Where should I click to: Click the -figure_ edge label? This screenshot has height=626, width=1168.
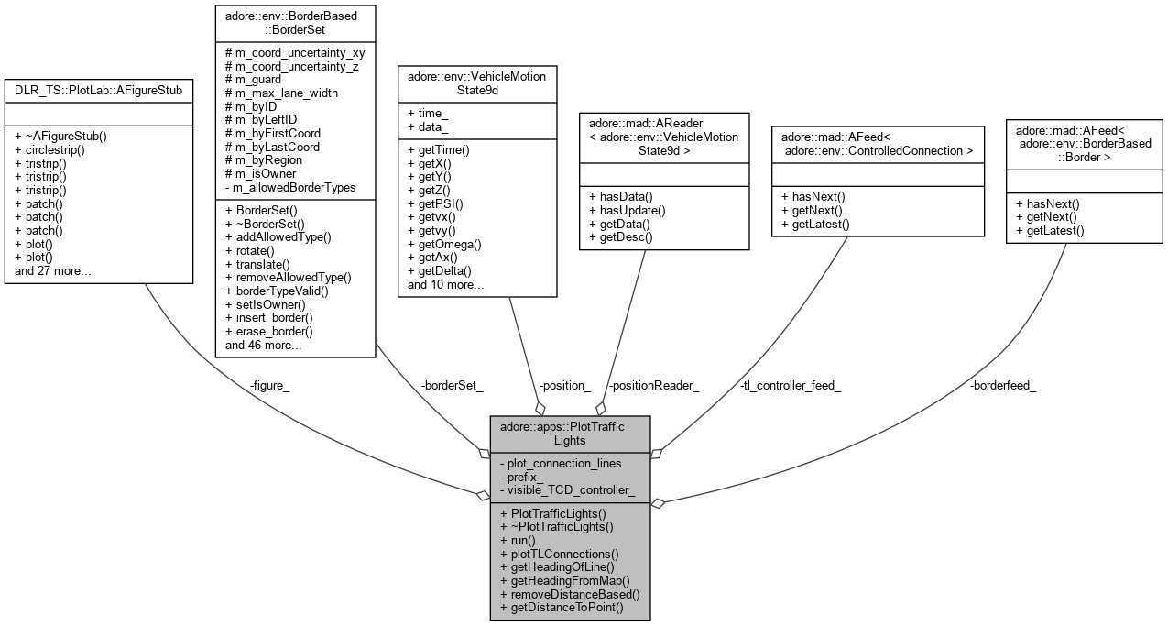pyautogui.click(x=269, y=386)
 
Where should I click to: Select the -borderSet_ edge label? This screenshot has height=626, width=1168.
pyautogui.click(x=452, y=386)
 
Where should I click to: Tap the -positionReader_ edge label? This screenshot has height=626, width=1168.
pyautogui.click(x=653, y=386)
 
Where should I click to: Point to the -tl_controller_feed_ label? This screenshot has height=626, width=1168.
pyautogui.click(x=790, y=386)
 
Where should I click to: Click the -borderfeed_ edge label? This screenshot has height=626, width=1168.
pyautogui.click(x=1003, y=386)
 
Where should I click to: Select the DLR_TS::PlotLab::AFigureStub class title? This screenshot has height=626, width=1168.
pyautogui.click(x=99, y=90)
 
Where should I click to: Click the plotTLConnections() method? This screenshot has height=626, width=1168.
pyautogui.click(x=559, y=554)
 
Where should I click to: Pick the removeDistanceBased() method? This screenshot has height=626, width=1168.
pyautogui.click(x=570, y=594)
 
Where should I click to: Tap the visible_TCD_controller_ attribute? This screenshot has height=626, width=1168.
pyautogui.click(x=568, y=490)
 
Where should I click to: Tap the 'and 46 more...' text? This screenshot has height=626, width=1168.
pyautogui.click(x=264, y=345)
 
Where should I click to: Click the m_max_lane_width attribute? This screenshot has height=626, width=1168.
pyautogui.click(x=281, y=93)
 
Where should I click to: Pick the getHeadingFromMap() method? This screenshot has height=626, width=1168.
pyautogui.click(x=565, y=580)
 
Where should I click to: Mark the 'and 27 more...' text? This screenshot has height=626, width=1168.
pyautogui.click(x=53, y=271)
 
